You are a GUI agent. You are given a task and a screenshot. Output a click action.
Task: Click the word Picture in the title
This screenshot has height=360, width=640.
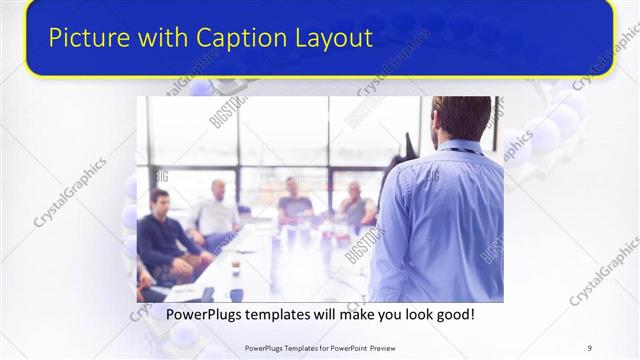(x=85, y=38)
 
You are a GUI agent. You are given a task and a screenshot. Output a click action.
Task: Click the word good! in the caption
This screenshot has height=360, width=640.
(x=452, y=315)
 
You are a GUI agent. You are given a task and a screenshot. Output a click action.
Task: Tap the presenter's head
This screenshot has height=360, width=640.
(x=461, y=118)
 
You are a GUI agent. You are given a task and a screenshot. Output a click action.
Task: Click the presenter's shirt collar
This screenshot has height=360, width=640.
(x=461, y=147)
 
